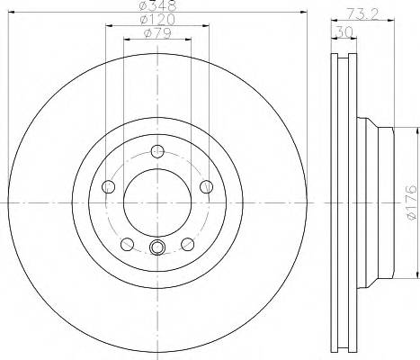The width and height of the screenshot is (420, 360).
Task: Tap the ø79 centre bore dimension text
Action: [x=157, y=35]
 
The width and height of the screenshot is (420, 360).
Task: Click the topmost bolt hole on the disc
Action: [x=157, y=150]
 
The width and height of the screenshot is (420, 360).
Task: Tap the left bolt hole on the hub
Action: [x=110, y=186]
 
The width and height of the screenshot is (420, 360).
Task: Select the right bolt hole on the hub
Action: [x=206, y=186]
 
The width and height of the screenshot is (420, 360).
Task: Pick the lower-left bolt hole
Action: [x=128, y=243]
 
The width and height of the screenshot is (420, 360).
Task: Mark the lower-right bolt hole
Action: [x=187, y=243]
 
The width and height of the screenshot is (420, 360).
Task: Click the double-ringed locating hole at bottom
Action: [x=157, y=250]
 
